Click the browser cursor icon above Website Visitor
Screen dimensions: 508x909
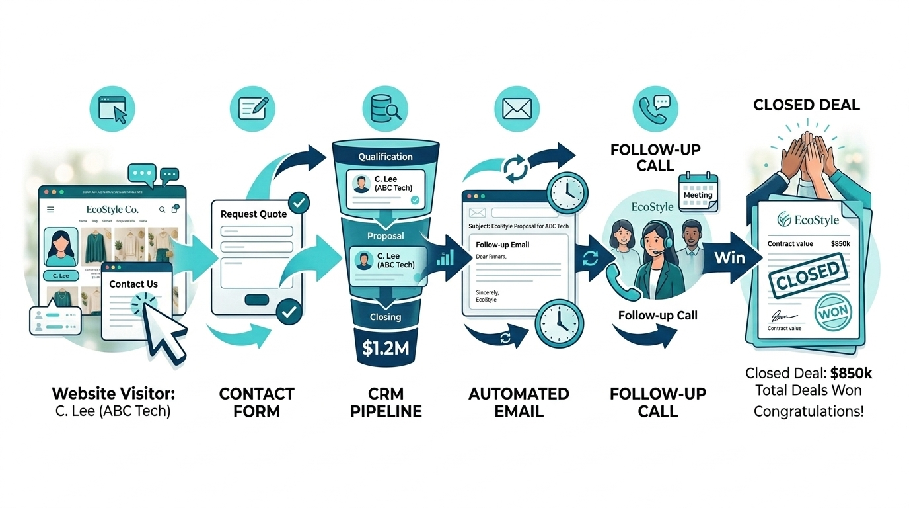[x=112, y=108]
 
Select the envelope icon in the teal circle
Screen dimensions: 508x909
[x=517, y=108]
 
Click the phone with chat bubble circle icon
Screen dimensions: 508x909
[x=654, y=108]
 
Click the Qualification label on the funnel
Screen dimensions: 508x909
[x=385, y=157]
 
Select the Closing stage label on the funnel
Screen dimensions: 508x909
[x=385, y=317]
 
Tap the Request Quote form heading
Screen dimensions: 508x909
[x=254, y=214]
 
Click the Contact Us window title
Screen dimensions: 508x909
[x=133, y=284]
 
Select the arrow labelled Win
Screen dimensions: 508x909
[x=730, y=257]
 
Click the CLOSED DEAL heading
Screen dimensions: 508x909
[x=807, y=105]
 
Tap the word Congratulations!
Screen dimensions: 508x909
[x=808, y=411]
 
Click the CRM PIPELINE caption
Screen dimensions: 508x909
[x=386, y=402]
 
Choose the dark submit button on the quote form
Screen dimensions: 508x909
[x=256, y=300]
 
